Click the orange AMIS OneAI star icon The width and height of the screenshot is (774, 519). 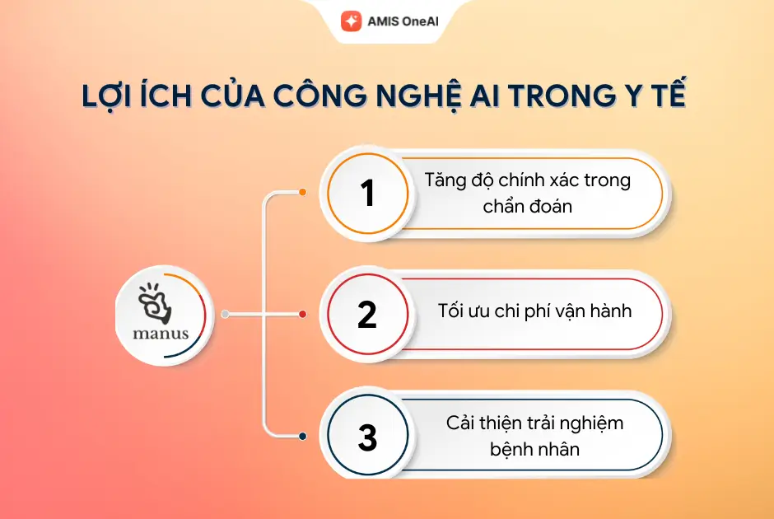(351, 21)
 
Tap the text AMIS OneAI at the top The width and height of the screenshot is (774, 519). (403, 21)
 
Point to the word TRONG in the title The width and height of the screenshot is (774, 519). (562, 96)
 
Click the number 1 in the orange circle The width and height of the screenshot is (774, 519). (367, 193)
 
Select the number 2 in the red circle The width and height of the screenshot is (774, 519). (367, 314)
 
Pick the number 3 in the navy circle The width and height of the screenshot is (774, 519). (368, 437)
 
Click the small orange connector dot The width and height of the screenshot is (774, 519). (302, 192)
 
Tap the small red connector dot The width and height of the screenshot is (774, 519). (302, 314)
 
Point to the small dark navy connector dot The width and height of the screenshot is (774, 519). (302, 436)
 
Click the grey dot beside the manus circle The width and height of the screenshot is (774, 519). (225, 314)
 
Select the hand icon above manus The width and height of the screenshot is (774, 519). (155, 303)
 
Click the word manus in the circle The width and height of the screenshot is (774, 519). (161, 334)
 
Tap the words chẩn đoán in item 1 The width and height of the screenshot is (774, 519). (528, 206)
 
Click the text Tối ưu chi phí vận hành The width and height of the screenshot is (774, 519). (534, 311)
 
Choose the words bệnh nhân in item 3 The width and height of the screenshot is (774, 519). (534, 449)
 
